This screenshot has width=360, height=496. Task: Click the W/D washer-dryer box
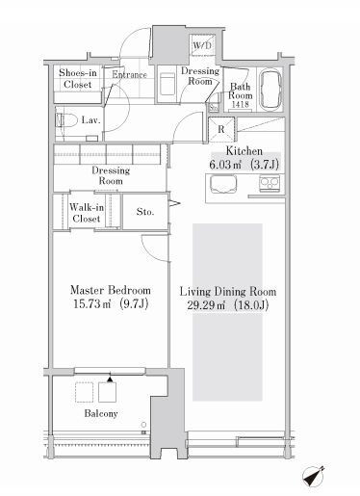(x=203, y=44)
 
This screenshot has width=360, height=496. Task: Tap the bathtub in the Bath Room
(x=270, y=91)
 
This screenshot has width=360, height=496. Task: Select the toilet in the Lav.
(x=66, y=121)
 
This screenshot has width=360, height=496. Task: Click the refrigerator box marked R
(x=221, y=129)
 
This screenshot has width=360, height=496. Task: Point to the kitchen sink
(x=223, y=185)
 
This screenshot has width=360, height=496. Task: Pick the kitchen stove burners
(x=270, y=184)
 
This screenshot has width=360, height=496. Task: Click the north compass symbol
(x=313, y=476)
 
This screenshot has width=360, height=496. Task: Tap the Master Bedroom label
(x=111, y=290)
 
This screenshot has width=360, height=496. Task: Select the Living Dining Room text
(x=228, y=292)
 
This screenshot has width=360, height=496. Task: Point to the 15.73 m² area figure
(x=92, y=303)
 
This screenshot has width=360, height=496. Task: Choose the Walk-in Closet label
(x=87, y=213)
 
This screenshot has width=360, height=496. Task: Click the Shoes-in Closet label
(x=78, y=78)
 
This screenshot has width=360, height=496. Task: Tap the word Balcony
(x=101, y=413)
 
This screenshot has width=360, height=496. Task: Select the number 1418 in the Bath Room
(x=240, y=104)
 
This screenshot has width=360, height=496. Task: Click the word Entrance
(x=129, y=74)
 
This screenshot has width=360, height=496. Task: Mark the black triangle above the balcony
(x=110, y=379)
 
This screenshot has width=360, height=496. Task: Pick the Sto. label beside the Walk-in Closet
(x=145, y=212)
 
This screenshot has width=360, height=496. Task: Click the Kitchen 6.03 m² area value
(x=225, y=165)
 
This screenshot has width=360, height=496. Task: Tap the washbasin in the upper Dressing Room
(x=167, y=84)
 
